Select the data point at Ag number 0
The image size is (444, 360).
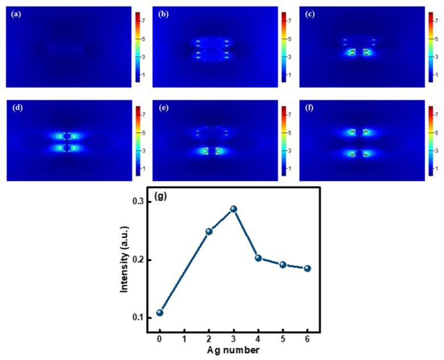pos(160,312)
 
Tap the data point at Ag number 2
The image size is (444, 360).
pos(209,231)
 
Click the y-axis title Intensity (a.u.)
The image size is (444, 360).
pos(125,259)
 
